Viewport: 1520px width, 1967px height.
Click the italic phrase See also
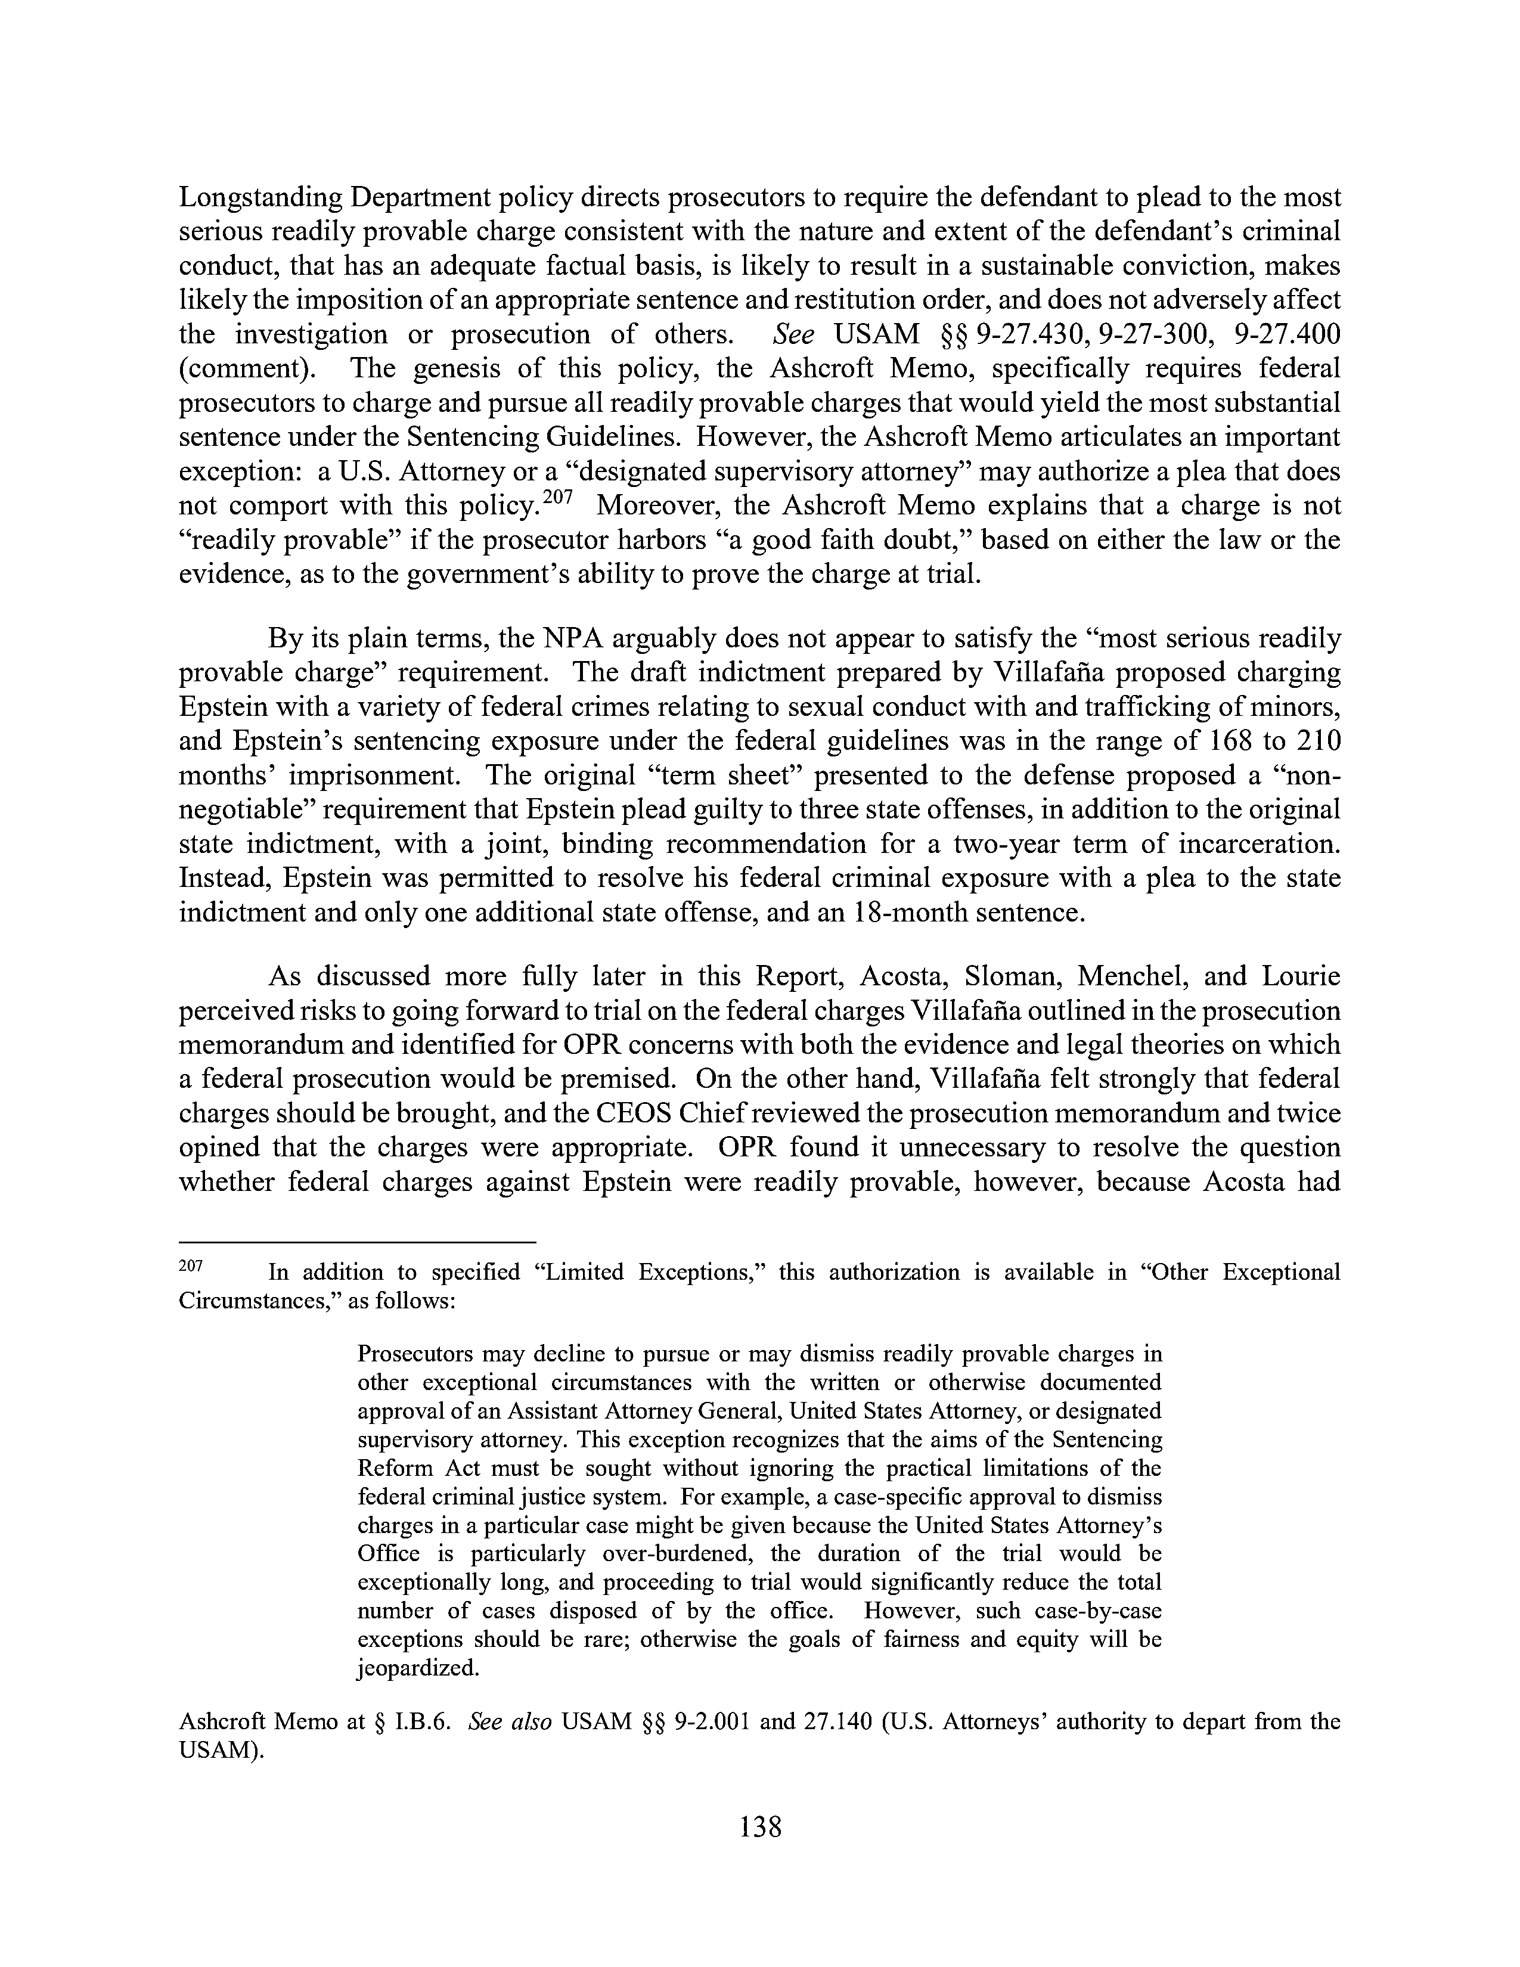[511, 1722]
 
